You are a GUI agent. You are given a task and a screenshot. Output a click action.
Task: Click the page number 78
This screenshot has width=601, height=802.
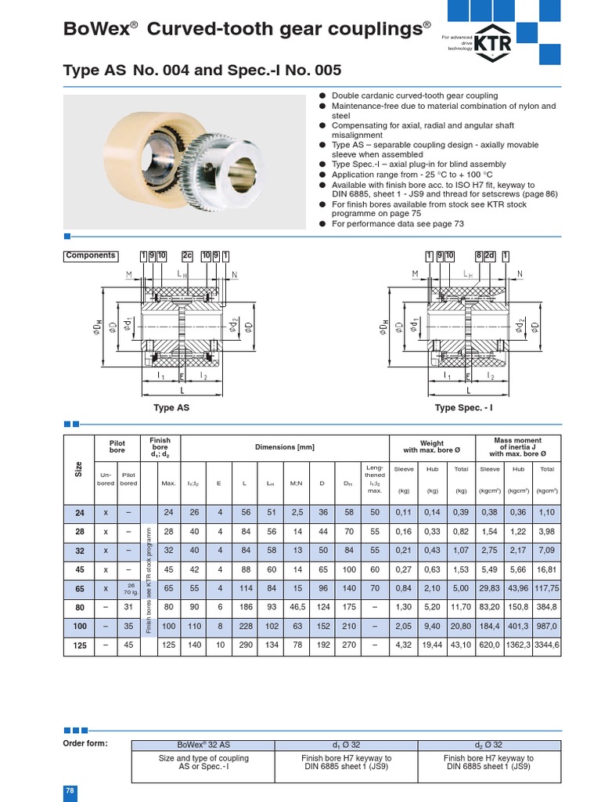69,792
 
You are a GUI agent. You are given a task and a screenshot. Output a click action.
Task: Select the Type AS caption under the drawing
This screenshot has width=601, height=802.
171,408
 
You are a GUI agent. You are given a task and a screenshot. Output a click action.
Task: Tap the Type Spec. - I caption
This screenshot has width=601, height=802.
464,408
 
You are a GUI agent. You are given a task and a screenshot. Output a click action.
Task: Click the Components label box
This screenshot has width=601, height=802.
91,255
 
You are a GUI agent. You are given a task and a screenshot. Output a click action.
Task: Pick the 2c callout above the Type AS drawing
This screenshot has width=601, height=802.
187,255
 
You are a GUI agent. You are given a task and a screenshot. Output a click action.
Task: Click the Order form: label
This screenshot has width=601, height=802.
85,743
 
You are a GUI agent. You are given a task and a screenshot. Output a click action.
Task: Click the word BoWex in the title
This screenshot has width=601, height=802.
95,30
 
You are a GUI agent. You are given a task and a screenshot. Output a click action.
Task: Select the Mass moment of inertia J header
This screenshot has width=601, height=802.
517,447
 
